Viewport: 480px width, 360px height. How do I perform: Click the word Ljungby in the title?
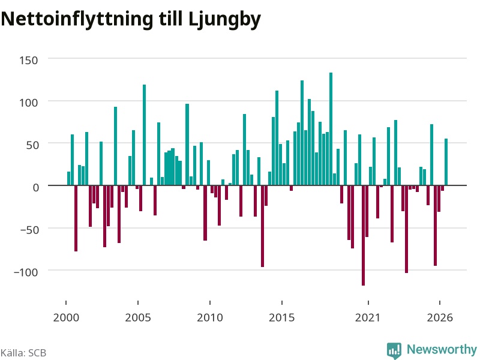(x=224, y=20)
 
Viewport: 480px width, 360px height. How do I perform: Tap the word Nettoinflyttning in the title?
(x=77, y=20)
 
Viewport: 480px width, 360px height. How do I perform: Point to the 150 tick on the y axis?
(x=29, y=61)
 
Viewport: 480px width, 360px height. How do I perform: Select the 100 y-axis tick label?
(x=29, y=103)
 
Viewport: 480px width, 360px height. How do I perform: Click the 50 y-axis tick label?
(x=32, y=145)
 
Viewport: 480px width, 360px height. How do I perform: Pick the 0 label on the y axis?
(x=36, y=187)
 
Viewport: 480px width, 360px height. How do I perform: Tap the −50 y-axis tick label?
(x=29, y=230)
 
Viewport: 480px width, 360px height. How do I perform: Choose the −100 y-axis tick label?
(x=26, y=272)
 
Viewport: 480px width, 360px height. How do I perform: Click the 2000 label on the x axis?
(x=66, y=317)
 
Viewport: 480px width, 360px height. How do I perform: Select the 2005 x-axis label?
(x=138, y=317)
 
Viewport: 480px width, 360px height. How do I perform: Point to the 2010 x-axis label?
(x=210, y=317)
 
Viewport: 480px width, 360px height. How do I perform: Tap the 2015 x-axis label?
(x=282, y=317)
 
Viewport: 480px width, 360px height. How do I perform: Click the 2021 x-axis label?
(x=368, y=317)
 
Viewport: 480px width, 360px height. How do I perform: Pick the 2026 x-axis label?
(x=440, y=317)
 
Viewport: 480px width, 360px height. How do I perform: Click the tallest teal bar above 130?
(x=331, y=129)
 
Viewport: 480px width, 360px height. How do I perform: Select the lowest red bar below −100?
(x=363, y=235)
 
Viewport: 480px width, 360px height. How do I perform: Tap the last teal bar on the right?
(x=446, y=162)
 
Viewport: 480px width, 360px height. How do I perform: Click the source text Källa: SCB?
(x=23, y=353)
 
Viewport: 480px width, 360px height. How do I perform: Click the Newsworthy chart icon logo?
(x=394, y=350)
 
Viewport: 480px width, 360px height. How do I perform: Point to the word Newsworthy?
(x=442, y=349)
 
